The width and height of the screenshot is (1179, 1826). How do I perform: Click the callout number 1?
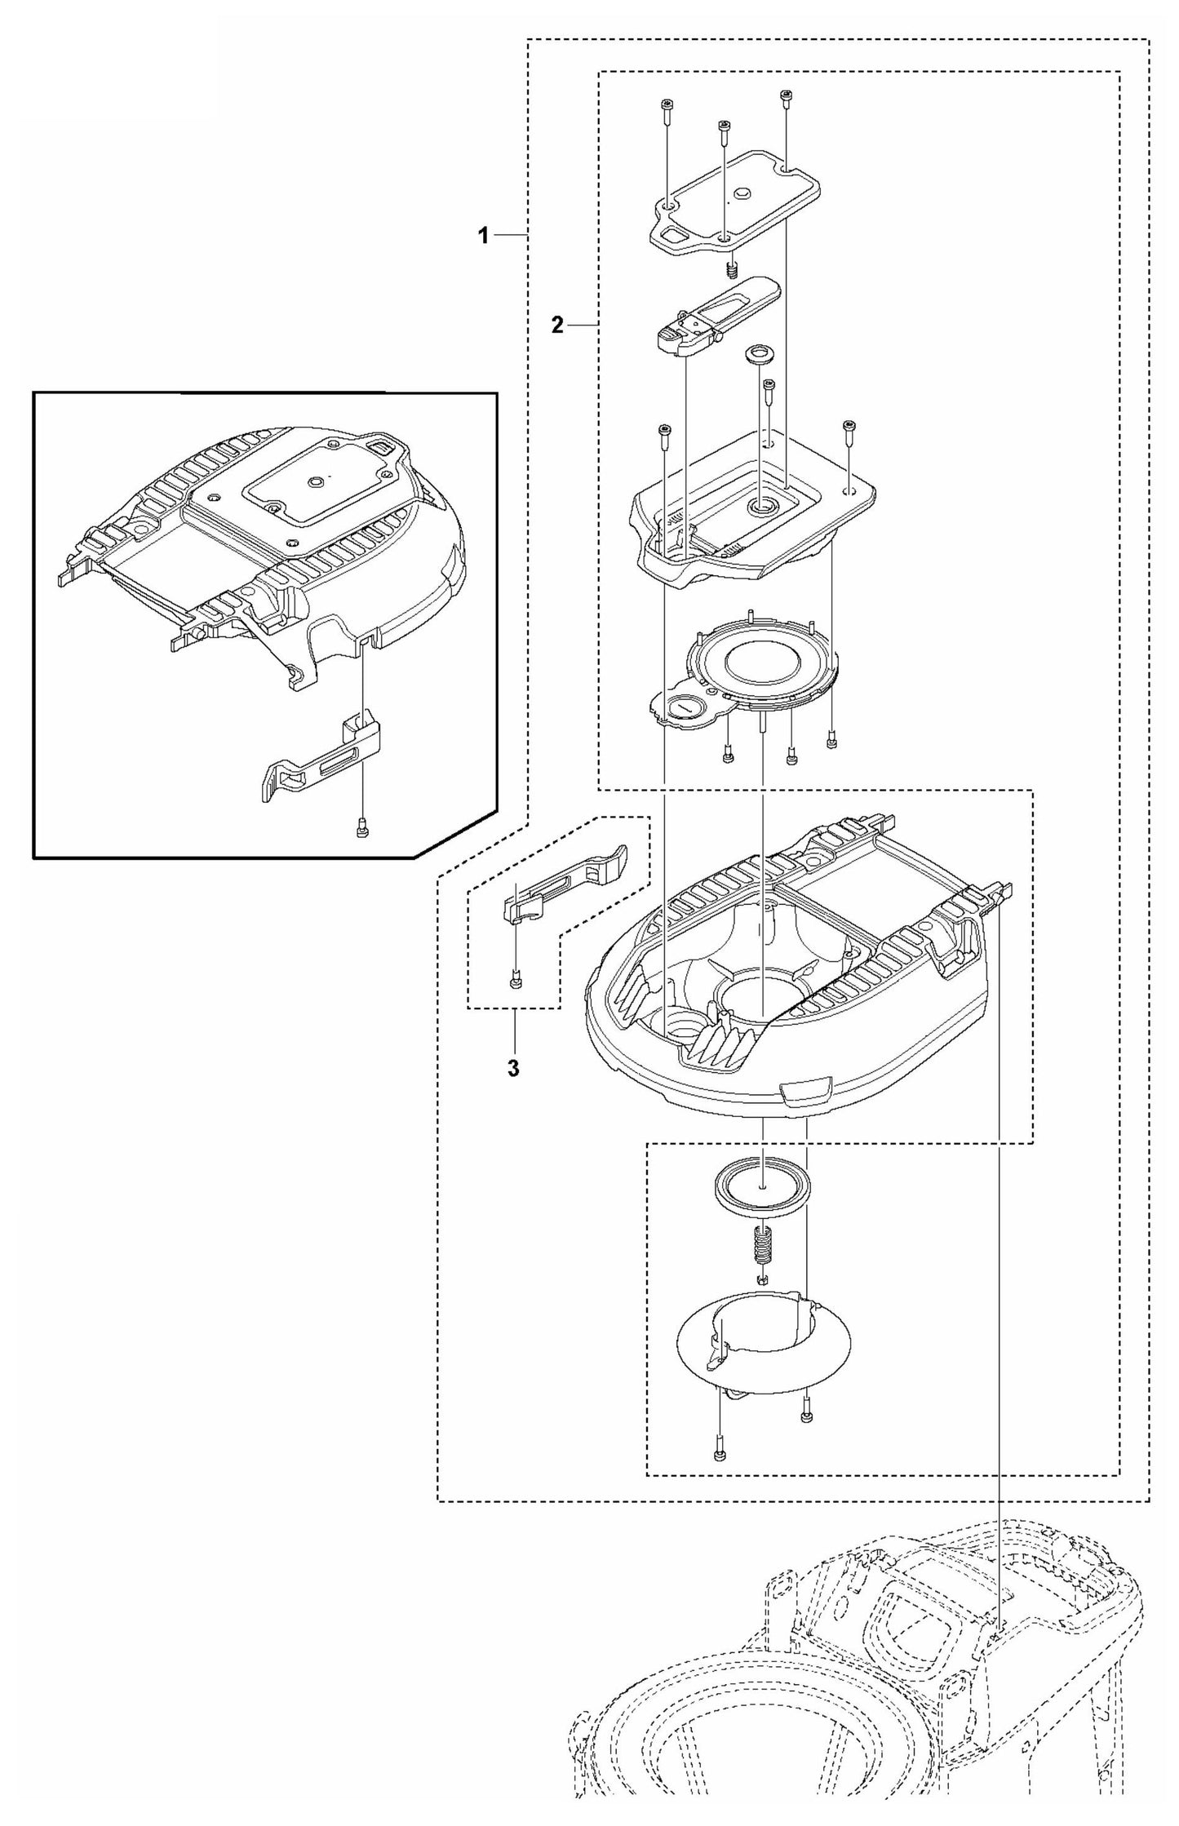(483, 236)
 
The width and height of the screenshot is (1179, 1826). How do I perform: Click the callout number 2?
(556, 326)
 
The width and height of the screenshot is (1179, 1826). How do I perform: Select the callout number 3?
(512, 1068)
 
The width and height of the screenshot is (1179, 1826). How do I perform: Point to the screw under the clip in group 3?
(515, 982)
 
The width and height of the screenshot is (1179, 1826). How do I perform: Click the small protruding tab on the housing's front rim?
(807, 1088)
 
